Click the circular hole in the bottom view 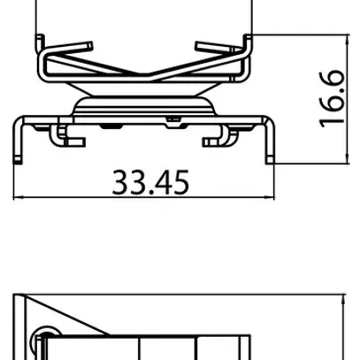point(38,340)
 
